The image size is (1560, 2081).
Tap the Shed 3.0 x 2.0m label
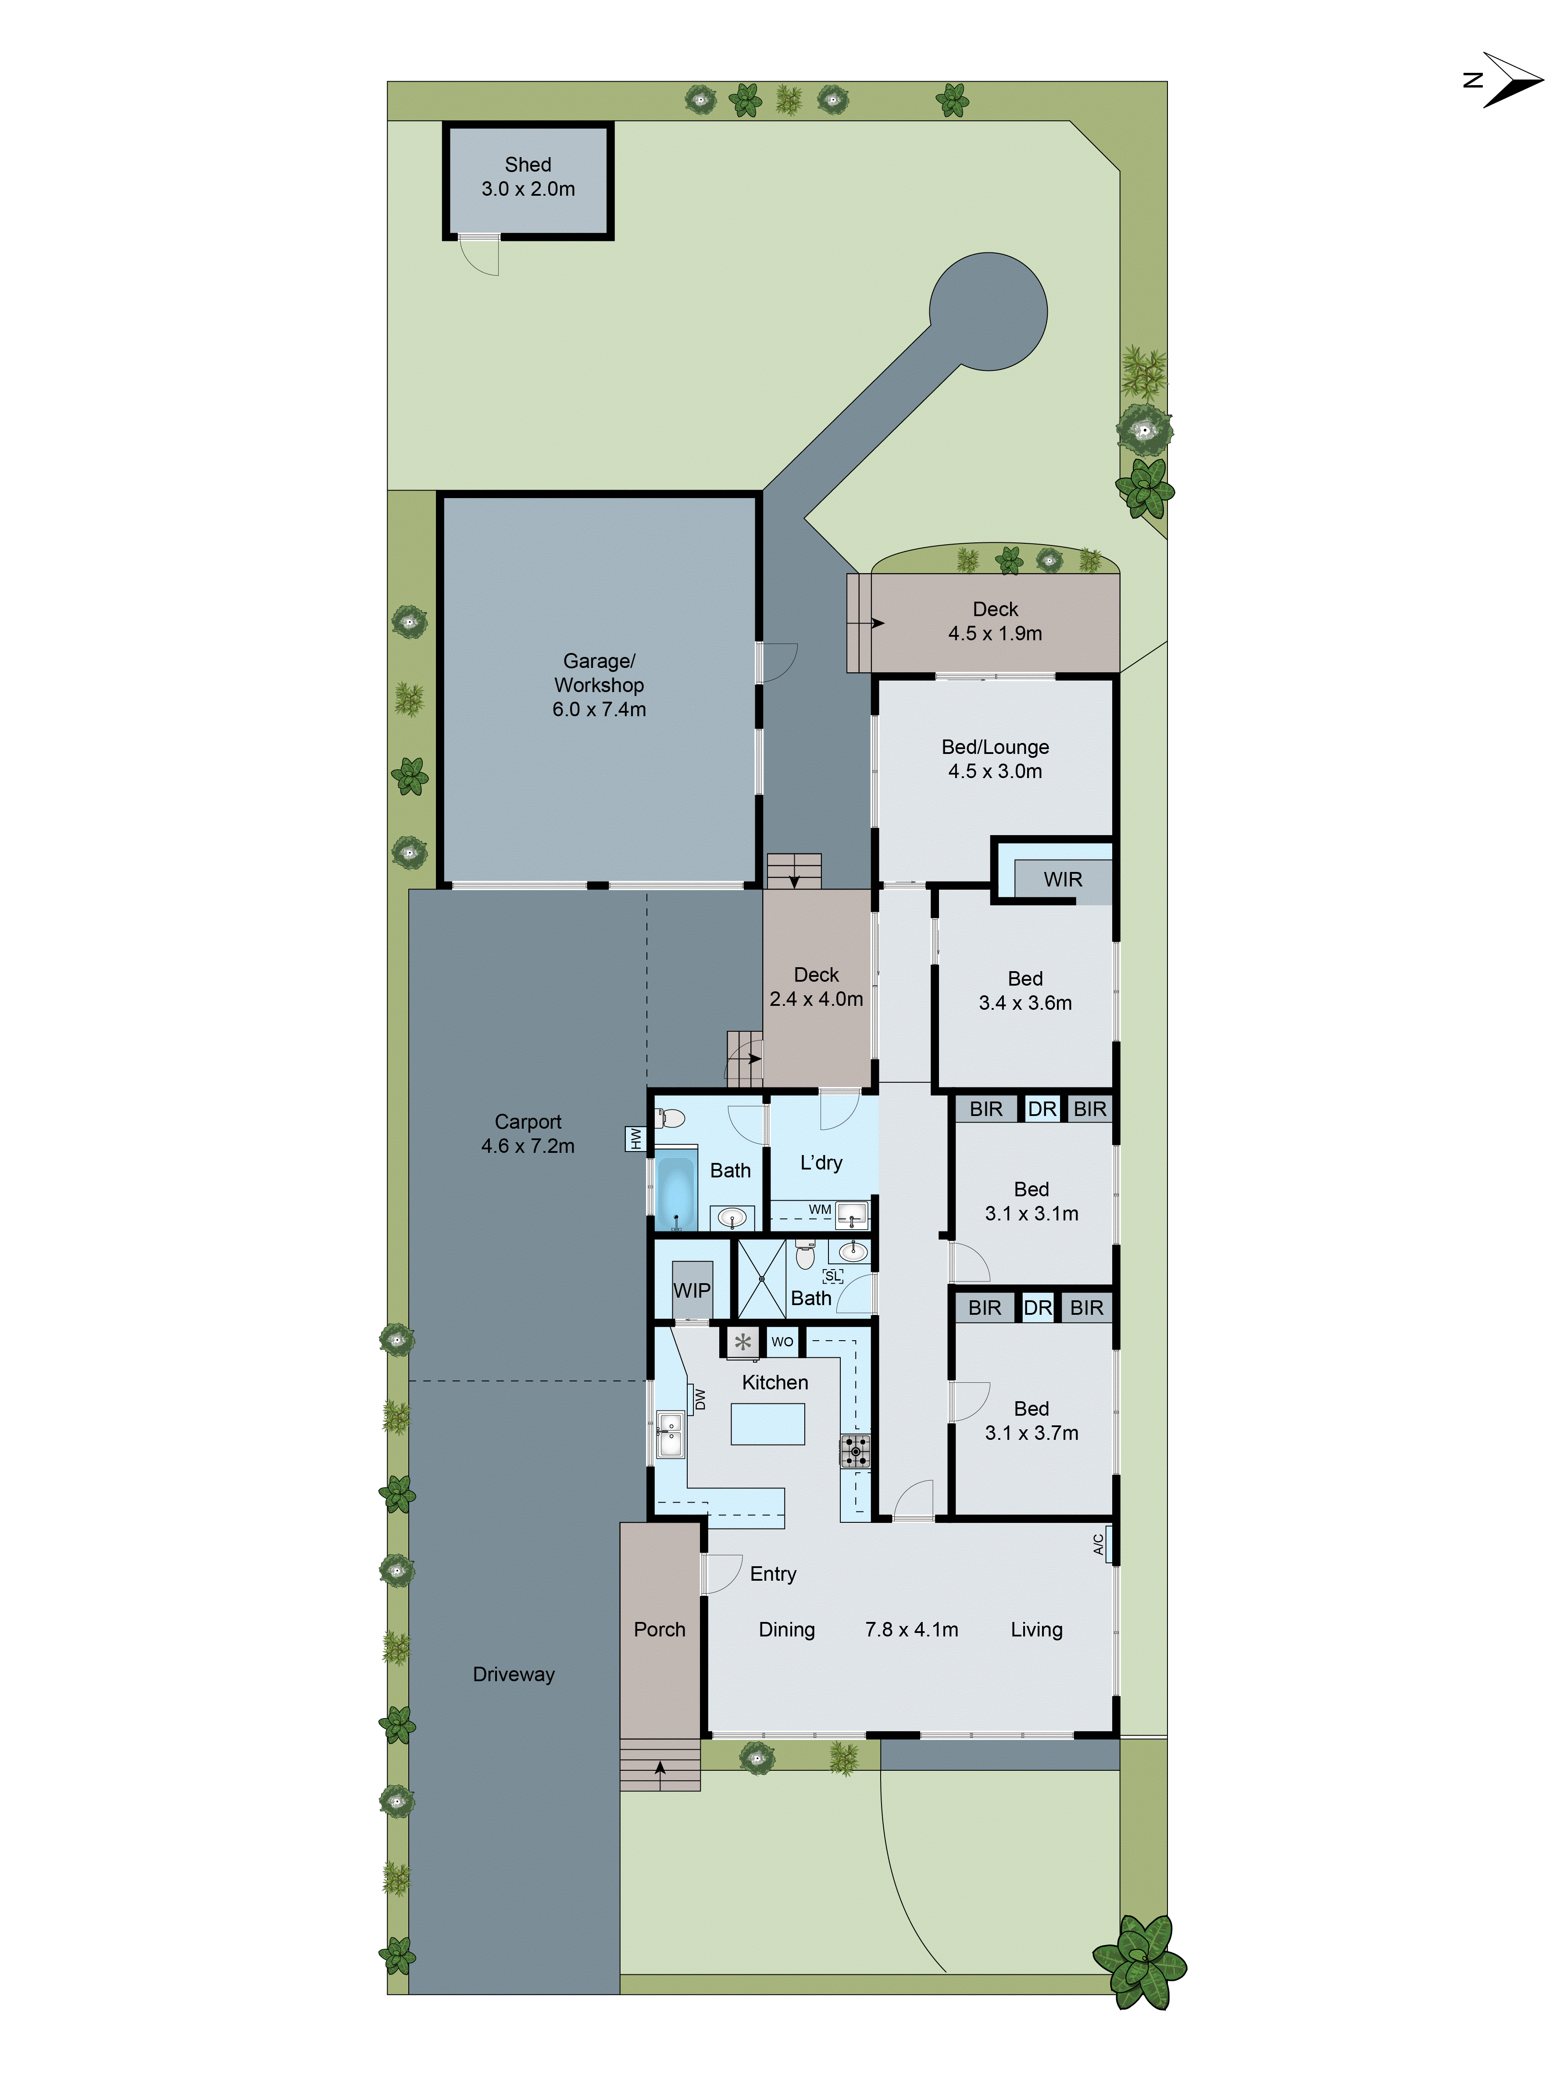528,177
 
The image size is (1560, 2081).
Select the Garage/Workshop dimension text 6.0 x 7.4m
599,709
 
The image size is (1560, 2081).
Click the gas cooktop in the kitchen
855,1451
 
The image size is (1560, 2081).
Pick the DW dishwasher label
700,1400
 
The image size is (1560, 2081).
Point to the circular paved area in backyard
988,312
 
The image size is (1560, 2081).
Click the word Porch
659,1629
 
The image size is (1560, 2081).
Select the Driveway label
514,1675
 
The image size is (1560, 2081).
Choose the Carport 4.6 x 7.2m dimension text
528,1146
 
